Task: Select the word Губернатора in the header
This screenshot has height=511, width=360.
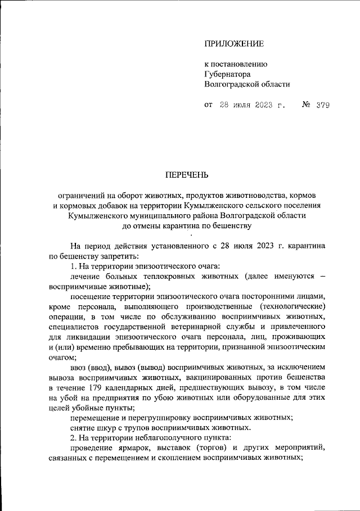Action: tap(228, 74)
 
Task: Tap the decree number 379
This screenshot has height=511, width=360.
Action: tap(322, 105)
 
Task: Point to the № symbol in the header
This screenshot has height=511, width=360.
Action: tap(307, 105)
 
